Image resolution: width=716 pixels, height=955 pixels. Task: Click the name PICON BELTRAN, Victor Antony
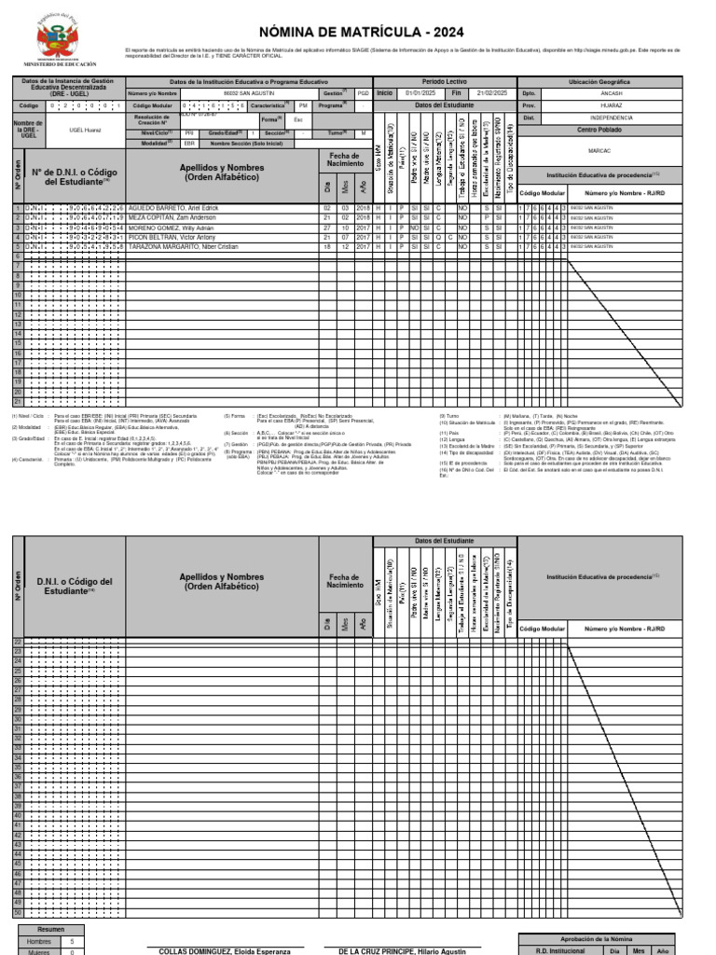[172, 237]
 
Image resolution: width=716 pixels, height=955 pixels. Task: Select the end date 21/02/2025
[492, 93]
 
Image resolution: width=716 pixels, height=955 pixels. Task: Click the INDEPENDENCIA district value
[612, 118]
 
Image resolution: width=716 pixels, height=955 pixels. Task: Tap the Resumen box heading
[51, 930]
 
